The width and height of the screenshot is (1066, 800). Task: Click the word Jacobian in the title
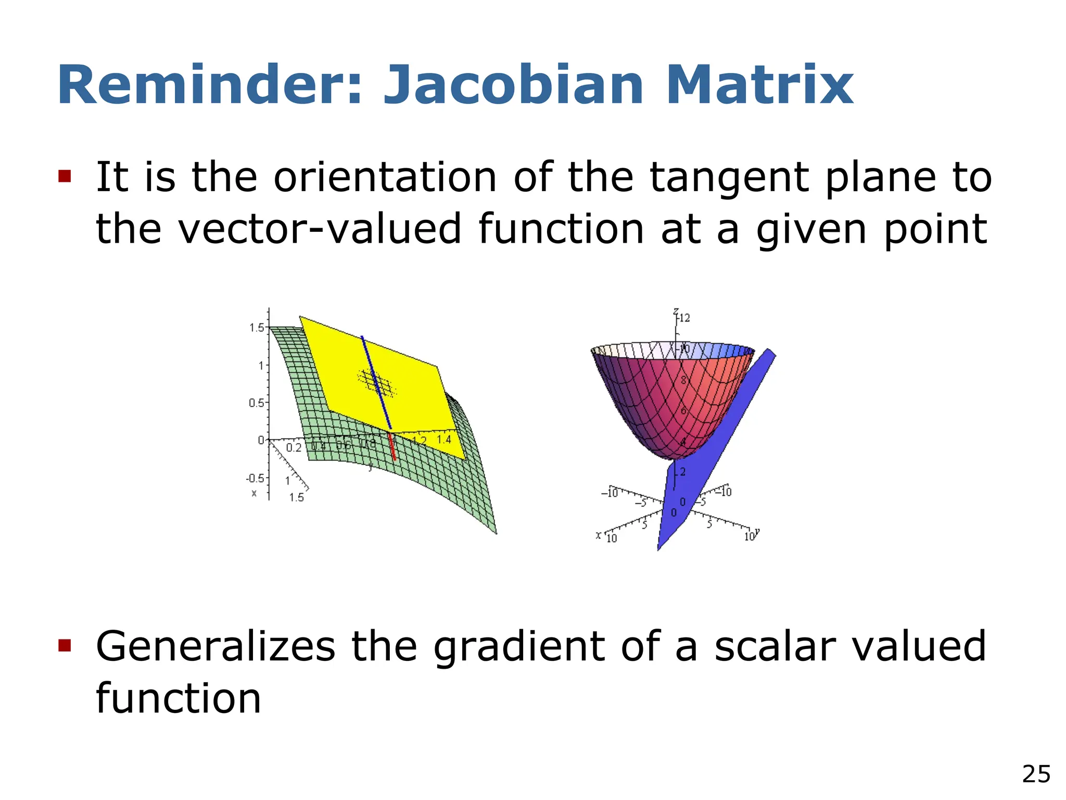click(x=513, y=86)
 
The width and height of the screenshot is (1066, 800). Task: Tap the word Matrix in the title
click(x=759, y=86)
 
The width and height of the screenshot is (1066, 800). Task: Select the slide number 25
click(x=1036, y=774)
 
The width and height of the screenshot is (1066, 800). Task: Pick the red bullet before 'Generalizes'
click(x=65, y=646)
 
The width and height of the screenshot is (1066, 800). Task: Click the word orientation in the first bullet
click(x=385, y=178)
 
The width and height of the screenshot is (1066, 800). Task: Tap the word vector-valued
click(x=320, y=229)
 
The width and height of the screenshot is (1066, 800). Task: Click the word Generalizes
click(x=215, y=647)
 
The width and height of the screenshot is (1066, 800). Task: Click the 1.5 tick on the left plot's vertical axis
click(x=257, y=328)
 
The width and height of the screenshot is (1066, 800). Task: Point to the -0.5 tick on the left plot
click(x=255, y=478)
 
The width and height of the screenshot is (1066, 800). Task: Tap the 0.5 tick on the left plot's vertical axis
click(x=256, y=403)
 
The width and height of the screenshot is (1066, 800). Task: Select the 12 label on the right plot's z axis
click(x=684, y=318)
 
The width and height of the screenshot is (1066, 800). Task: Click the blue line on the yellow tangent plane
click(x=376, y=383)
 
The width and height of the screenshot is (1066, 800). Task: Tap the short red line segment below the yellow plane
click(x=392, y=447)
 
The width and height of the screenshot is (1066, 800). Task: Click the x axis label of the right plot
click(x=599, y=535)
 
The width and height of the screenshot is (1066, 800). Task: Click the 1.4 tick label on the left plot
click(x=443, y=440)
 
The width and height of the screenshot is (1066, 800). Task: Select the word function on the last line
click(x=178, y=698)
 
